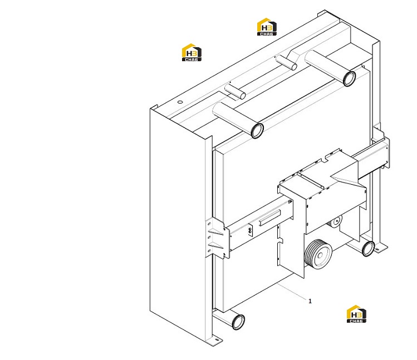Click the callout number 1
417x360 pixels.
[x=310, y=301]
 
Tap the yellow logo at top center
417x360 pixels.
[x=267, y=27]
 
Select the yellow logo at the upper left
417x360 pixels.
[x=192, y=52]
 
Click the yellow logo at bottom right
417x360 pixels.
[x=356, y=314]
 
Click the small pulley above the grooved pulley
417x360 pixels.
[x=335, y=221]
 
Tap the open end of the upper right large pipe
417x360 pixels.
[x=349, y=78]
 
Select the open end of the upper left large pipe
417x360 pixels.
[x=257, y=131]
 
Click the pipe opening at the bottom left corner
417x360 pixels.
[x=238, y=322]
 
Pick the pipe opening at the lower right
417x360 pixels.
[x=369, y=249]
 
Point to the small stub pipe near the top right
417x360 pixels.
[x=286, y=62]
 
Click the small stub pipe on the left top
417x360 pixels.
[x=235, y=91]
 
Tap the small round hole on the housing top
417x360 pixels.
[x=180, y=102]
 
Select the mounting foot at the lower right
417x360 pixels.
[x=381, y=248]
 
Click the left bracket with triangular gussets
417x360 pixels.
[x=217, y=238]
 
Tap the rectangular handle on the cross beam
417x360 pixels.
[x=269, y=218]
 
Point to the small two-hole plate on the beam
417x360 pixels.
[x=250, y=230]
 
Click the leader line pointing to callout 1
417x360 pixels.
[x=292, y=292]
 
